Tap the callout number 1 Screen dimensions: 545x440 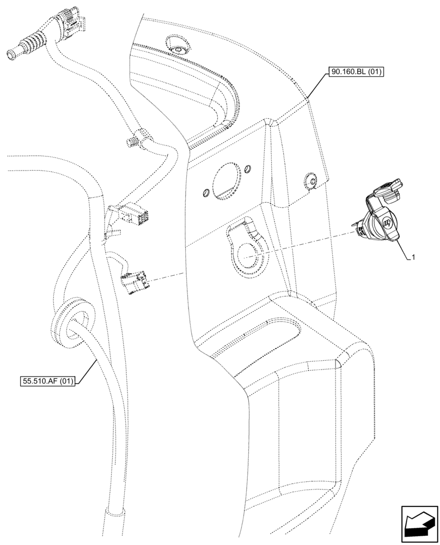[x=414, y=256]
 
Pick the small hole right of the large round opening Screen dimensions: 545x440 [x=248, y=167]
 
